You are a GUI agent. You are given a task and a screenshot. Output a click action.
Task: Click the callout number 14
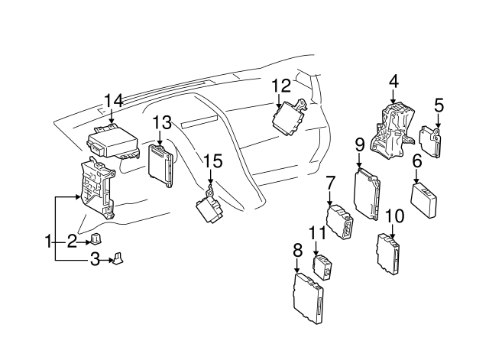pos(114,101)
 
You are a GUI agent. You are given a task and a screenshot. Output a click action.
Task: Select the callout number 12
pos(281,86)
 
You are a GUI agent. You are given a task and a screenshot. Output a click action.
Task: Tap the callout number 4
pos(394,82)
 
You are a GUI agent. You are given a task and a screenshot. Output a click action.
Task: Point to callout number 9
pos(360,145)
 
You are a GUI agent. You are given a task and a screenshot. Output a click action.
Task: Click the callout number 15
pos(213,161)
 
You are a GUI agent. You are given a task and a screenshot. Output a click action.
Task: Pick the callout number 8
pos(298,250)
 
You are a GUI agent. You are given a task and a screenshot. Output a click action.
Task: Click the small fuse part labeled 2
pos(96,239)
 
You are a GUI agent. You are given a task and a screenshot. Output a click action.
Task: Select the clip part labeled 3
pos(118,258)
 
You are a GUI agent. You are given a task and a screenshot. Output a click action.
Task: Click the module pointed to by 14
pos(113,142)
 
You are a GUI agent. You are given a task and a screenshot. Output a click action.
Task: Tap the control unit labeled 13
pos(161,166)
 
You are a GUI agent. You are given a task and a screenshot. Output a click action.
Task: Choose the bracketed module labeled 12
pos(289,118)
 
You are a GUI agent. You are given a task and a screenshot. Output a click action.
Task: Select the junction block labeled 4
pos(392,131)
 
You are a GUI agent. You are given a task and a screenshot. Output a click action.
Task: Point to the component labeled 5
pos(431,141)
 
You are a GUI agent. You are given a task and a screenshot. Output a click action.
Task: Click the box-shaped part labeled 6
pos(424,200)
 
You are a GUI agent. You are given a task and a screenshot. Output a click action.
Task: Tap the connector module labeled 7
pos(340,222)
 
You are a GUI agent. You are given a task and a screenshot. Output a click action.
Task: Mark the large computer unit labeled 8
pos(309,298)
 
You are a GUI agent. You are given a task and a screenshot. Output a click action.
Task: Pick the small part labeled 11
pos(322,268)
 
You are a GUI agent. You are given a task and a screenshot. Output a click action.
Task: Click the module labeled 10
pos(389,255)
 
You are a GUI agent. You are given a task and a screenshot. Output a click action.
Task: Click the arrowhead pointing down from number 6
pos(416,181)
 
